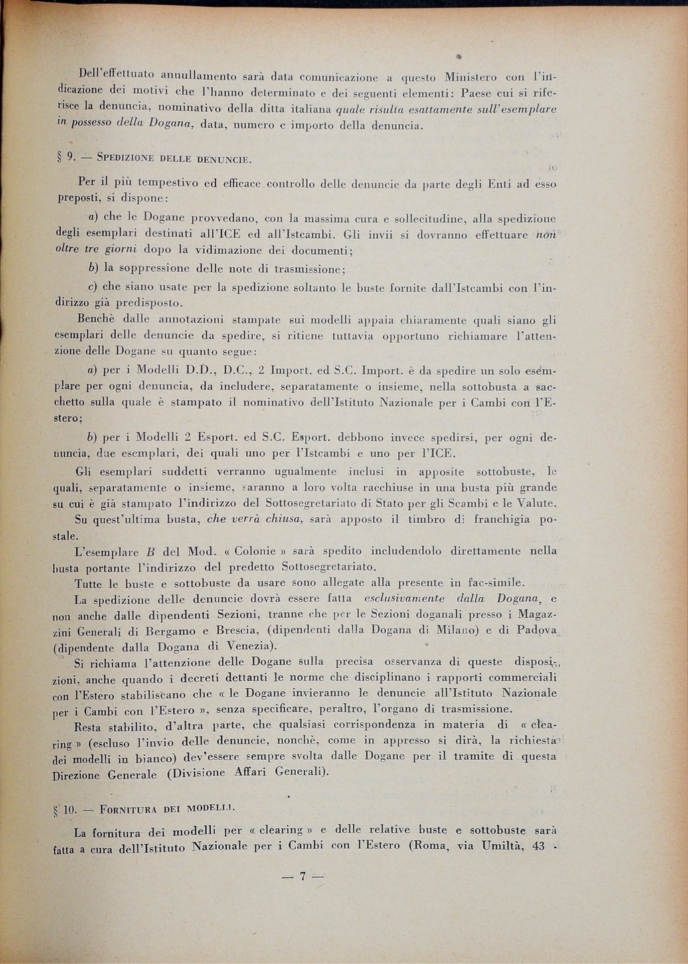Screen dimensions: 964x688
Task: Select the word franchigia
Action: (x=501, y=519)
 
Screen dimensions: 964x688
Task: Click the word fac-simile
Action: (x=493, y=583)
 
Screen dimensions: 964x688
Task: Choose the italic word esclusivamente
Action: (x=403, y=599)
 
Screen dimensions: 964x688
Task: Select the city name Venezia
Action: (x=249, y=647)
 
